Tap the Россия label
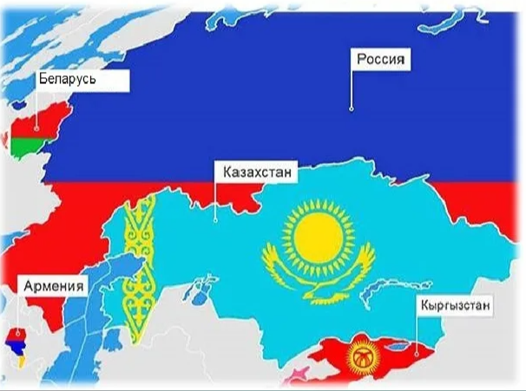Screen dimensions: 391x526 (382, 60)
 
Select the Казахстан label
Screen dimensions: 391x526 (254, 172)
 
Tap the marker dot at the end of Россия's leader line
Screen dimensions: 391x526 (352, 108)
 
